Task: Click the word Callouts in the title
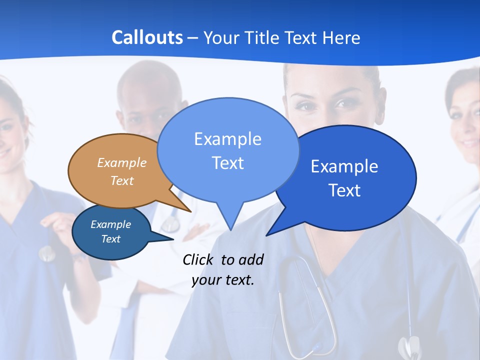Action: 147,37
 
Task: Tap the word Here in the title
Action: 341,37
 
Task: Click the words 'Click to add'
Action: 223,259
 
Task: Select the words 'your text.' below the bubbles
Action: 223,280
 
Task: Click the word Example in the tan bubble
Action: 122,162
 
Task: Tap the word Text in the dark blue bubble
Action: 344,190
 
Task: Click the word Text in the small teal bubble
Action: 111,239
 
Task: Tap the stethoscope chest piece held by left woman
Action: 47,254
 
